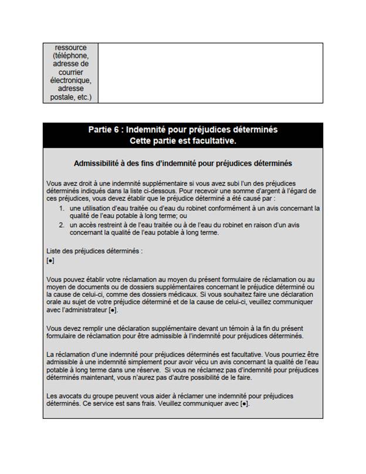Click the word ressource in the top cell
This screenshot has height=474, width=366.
tap(70, 48)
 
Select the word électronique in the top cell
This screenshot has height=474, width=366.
tap(70, 81)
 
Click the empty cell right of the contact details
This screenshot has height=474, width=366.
tap(210, 73)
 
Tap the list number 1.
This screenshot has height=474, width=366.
tap(62, 208)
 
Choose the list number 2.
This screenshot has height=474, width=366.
tap(62, 224)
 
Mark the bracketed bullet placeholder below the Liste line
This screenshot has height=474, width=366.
tap(50, 260)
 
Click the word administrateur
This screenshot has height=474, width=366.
tap(86, 310)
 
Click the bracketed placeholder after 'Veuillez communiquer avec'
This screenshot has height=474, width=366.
tap(245, 404)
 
